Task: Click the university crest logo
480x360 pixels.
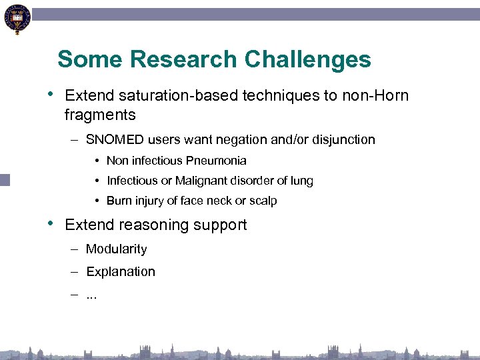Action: click(x=17, y=20)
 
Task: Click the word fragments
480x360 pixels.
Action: click(x=100, y=115)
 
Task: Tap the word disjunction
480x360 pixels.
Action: click(x=344, y=140)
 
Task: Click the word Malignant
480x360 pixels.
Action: click(x=200, y=181)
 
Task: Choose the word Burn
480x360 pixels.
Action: click(x=119, y=201)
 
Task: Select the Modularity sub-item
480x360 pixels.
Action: click(x=117, y=249)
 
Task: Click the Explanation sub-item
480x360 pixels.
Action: click(x=121, y=272)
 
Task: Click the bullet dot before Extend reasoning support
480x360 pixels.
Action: click(x=52, y=224)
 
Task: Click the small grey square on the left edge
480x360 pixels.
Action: click(x=5, y=179)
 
